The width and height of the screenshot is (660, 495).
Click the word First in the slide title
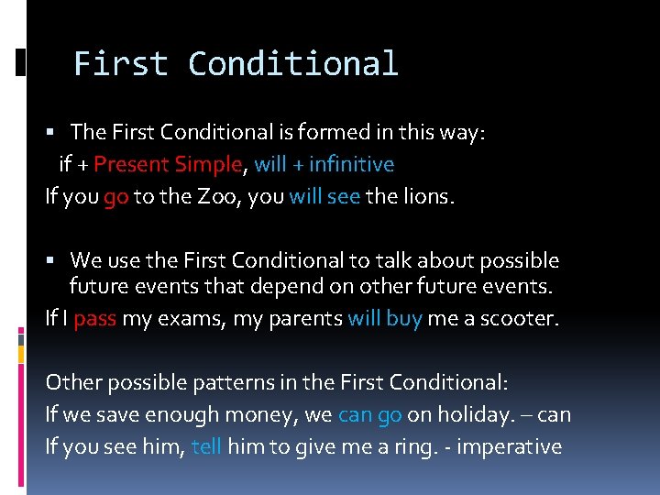(x=120, y=64)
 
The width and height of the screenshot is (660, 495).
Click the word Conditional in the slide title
(x=293, y=64)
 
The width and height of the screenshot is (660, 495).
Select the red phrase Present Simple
(x=168, y=165)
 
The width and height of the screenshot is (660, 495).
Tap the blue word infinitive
(x=351, y=165)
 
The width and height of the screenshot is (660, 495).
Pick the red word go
(x=115, y=197)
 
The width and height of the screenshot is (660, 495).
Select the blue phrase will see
(x=324, y=196)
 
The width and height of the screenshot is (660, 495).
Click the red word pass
(x=94, y=320)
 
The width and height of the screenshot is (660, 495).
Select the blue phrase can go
(x=369, y=415)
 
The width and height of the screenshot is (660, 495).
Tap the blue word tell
(x=206, y=446)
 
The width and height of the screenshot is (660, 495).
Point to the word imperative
(x=511, y=446)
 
